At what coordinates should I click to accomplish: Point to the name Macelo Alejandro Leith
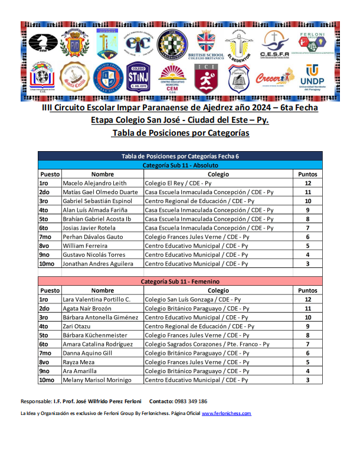coord(94,184)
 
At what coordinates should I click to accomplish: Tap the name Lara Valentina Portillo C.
coord(97,300)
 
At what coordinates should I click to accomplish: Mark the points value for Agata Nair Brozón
coord(307,309)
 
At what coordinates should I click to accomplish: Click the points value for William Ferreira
coord(307,246)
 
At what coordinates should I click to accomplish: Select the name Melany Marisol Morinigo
coord(97,380)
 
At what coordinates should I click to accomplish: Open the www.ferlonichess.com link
coord(227,413)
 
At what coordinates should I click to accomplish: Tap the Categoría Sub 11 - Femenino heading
coord(181,282)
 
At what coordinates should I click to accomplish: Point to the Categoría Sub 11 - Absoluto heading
coord(181,166)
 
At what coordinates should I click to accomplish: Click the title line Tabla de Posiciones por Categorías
coord(180,133)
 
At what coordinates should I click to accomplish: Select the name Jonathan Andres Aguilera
coord(98,263)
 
